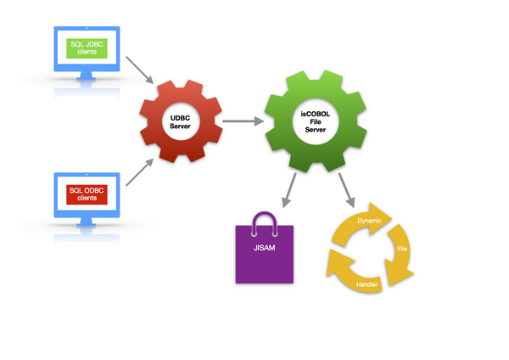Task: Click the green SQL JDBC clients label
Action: coord(87,48)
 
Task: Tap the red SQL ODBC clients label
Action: coord(87,193)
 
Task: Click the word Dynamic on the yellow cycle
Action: coord(369,222)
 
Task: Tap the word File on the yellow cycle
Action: coord(402,250)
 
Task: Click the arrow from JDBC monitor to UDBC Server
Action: coord(140,70)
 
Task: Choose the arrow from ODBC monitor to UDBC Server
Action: coord(140,172)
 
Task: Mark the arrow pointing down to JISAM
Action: coord(288,190)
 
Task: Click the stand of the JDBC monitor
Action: coord(87,79)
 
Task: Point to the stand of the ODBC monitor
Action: coord(87,224)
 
